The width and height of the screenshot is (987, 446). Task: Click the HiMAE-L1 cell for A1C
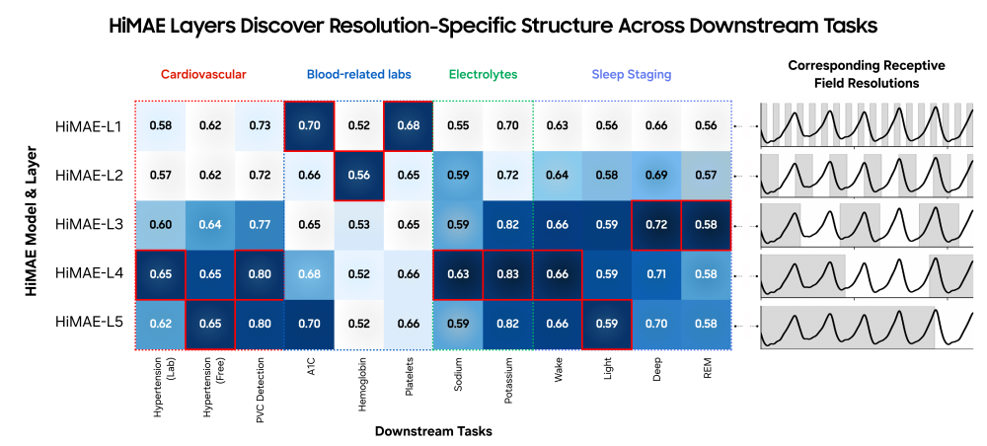click(x=309, y=126)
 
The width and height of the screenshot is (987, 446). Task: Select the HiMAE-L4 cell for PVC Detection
click(x=261, y=272)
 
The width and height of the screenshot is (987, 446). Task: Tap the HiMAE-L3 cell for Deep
click(x=656, y=224)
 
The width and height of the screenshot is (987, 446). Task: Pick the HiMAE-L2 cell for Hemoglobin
click(x=358, y=175)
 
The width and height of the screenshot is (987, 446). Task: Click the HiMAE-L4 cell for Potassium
click(x=508, y=272)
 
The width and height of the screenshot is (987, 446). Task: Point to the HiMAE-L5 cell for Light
click(x=607, y=322)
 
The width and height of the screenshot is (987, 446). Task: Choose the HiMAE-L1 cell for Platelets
click(x=408, y=126)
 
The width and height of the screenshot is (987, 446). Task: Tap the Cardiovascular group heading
click(x=203, y=74)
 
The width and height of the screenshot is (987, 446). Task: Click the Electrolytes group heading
click(x=483, y=74)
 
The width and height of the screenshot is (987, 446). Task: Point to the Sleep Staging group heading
click(x=632, y=74)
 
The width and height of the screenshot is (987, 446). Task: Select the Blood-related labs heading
click(x=358, y=74)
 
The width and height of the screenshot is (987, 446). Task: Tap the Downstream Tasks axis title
click(x=433, y=431)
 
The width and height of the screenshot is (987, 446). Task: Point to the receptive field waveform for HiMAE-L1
click(x=860, y=126)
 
